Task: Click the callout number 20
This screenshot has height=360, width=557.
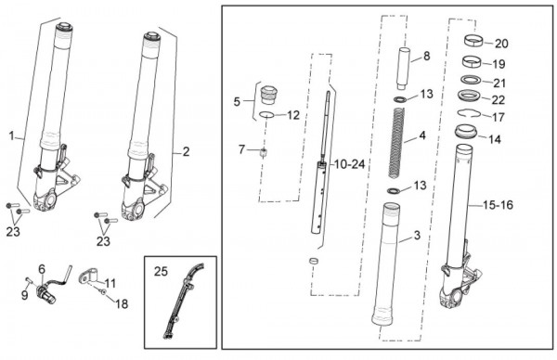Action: point(501,44)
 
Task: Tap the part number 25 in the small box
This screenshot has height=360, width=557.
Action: point(161,271)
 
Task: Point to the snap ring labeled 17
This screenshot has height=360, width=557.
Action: point(469,113)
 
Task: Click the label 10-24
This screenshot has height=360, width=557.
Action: point(350,164)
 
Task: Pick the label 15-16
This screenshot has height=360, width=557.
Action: point(498,205)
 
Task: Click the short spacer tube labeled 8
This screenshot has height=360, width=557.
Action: point(403,69)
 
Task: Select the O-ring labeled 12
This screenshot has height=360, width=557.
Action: point(266,115)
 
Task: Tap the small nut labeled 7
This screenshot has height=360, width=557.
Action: point(264,153)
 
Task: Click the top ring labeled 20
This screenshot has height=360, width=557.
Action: point(473,41)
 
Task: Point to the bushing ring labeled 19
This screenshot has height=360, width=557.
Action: point(472,61)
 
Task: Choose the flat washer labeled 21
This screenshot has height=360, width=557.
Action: point(471,80)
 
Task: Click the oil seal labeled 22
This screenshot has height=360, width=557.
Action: point(469,96)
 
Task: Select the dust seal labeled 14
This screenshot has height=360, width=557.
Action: point(466,132)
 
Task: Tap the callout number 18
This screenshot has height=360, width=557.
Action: point(122,304)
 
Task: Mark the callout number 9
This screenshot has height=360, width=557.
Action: point(24,295)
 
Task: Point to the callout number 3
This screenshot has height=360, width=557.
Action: point(417,235)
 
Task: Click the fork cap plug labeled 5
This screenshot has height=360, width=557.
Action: point(268,95)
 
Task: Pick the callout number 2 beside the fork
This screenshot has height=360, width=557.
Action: point(187,152)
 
